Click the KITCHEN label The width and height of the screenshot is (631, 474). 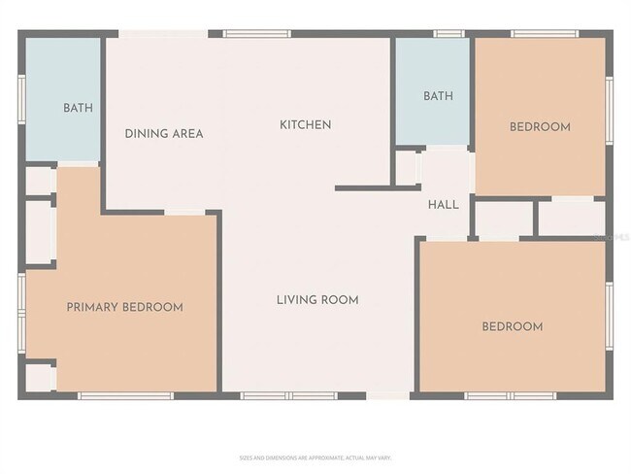[x=306, y=124]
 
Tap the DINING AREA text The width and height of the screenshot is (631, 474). [x=164, y=133]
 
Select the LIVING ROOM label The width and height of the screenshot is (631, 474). [x=317, y=300]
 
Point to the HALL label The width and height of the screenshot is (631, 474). [x=444, y=205]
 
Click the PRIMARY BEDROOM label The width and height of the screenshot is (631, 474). [x=124, y=307]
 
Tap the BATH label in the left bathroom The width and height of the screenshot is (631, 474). [x=78, y=108]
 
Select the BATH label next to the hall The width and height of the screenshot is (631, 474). [x=438, y=96]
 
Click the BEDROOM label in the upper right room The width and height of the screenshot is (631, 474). [x=540, y=127]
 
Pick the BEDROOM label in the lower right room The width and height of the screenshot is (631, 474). [x=512, y=326]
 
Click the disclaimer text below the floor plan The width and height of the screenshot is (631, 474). [x=315, y=457]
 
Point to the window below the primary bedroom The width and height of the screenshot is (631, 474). [x=125, y=395]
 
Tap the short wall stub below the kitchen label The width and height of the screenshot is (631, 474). [x=363, y=187]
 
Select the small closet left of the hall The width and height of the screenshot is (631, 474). [x=406, y=167]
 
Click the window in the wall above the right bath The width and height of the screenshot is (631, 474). [x=448, y=34]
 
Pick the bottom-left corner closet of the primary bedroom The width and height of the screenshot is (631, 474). [x=39, y=376]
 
